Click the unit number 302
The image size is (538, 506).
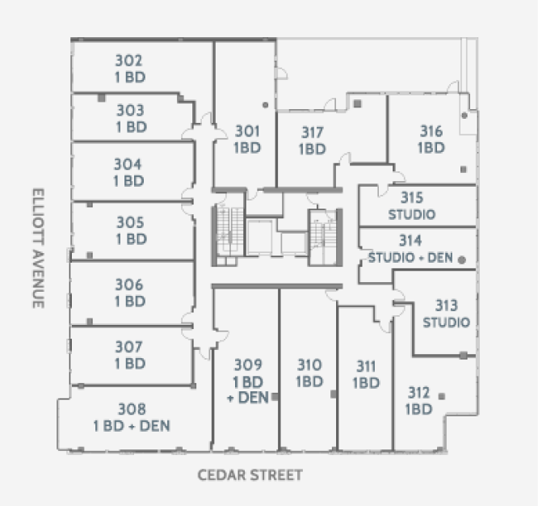tap(128, 61)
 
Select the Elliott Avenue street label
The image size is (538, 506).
tap(38, 248)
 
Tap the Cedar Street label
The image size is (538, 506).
tap(250, 475)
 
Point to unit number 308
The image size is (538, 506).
tap(132, 409)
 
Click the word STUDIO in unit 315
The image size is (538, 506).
tap(412, 214)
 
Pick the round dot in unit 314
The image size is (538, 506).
tap(462, 259)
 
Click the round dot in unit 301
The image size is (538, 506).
tap(265, 105)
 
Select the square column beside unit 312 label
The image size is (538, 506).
tap(442, 396)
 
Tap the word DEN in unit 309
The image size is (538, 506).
tap(253, 398)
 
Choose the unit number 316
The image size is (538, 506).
tap(431, 131)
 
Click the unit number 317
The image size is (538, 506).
tap(313, 133)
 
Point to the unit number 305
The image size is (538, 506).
tap(130, 222)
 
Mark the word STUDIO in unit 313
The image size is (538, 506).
tap(446, 323)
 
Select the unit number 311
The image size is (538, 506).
tap(366, 366)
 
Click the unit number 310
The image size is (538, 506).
tap(309, 365)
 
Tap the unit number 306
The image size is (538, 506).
tap(129, 285)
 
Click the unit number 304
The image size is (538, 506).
tap(128, 164)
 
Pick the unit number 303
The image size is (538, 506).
tap(130, 110)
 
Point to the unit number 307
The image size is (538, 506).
tap(128, 347)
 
